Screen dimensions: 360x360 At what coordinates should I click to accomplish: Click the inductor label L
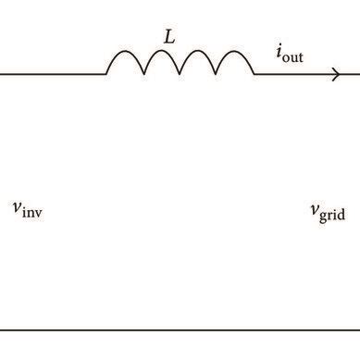click(x=169, y=38)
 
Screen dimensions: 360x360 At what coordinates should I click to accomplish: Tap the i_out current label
click(x=289, y=55)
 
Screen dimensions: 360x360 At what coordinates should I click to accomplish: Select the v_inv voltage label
click(x=27, y=208)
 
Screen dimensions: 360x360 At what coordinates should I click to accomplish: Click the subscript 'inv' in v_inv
click(x=32, y=211)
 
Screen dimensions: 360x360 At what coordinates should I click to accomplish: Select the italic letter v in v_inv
click(x=17, y=207)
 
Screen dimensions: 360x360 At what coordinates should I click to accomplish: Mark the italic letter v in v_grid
click(x=314, y=210)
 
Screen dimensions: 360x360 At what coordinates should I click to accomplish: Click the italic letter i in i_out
click(x=279, y=53)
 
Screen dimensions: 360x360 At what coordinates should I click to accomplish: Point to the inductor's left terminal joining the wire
click(x=106, y=74)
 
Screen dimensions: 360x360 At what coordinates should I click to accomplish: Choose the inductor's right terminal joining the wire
click(x=254, y=74)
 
